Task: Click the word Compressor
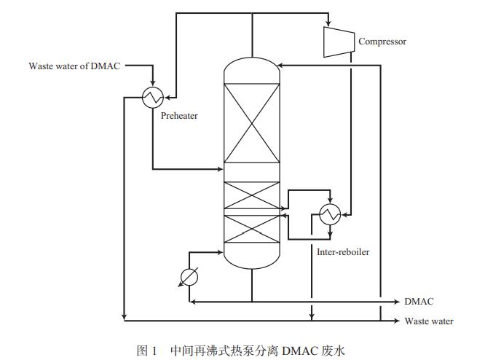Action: click(382, 42)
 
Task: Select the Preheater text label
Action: click(179, 116)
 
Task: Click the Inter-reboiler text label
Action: click(344, 252)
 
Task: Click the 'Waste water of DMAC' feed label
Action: click(75, 66)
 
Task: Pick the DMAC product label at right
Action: click(419, 301)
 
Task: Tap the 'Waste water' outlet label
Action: click(430, 321)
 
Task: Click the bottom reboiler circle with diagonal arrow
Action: click(189, 276)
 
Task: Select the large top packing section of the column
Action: click(251, 123)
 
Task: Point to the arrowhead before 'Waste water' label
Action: click(395, 321)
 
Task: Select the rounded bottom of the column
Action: click(251, 259)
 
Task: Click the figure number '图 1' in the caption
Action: click(147, 351)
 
